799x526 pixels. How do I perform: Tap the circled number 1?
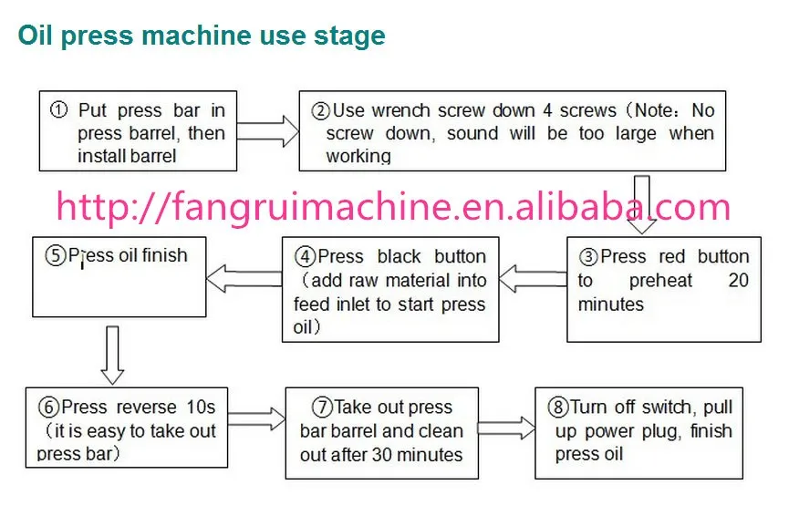(58, 109)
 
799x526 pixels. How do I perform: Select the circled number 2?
(320, 110)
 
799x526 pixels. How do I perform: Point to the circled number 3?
(588, 257)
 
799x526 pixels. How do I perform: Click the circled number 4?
(306, 256)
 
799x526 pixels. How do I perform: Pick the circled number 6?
(48, 407)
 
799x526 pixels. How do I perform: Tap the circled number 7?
(322, 407)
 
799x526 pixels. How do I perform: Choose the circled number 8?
(558, 407)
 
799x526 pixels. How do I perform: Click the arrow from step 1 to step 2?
(268, 131)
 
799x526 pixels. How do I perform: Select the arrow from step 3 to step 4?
(533, 279)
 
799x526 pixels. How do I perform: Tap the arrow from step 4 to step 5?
(244, 279)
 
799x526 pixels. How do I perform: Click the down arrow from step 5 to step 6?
(112, 356)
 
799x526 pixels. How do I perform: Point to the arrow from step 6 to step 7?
(256, 418)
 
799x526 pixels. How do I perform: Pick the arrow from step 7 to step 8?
(506, 428)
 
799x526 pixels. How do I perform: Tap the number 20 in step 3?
(739, 280)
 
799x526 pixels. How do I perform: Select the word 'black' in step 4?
(399, 257)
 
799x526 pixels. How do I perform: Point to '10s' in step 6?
(201, 407)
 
